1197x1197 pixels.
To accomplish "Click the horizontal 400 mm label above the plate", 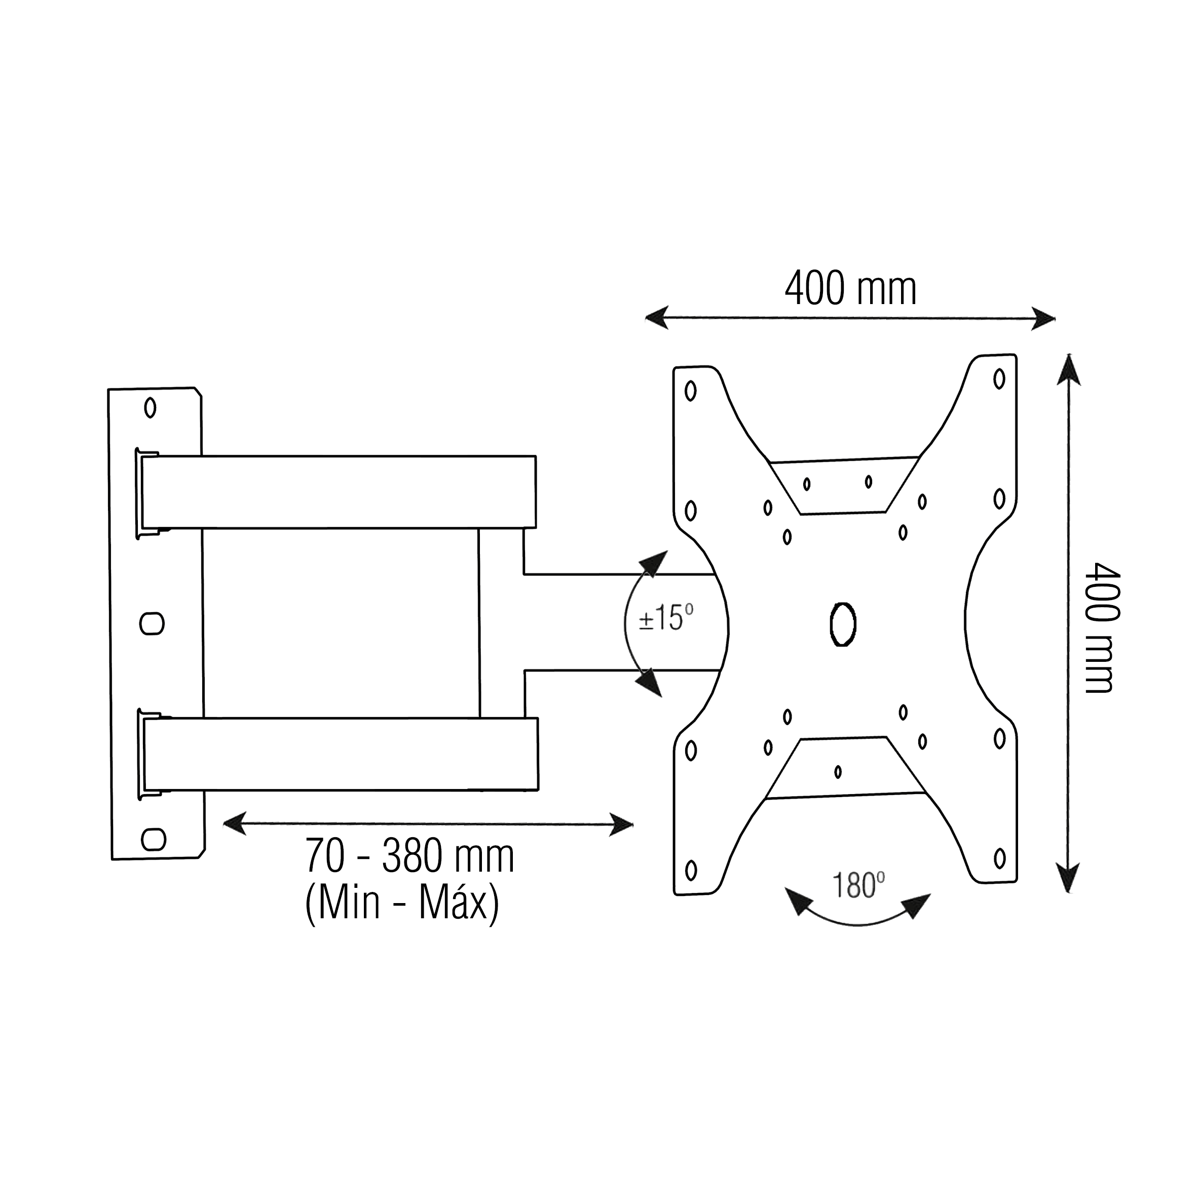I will click(850, 289).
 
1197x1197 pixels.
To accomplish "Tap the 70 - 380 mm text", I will click(409, 857).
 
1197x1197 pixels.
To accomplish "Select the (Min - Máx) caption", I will click(402, 904).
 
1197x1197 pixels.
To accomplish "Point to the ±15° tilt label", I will click(665, 618).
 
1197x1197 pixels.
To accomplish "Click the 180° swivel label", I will click(857, 885).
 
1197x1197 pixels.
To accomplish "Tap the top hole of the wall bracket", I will click(150, 407).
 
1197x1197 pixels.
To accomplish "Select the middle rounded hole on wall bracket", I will click(152, 623).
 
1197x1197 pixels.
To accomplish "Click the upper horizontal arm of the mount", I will click(338, 492).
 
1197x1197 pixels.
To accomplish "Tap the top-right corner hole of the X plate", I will click(999, 379).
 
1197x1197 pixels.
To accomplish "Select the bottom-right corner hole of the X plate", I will click(999, 858).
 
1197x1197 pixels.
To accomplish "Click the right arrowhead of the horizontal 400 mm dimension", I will click(1044, 320).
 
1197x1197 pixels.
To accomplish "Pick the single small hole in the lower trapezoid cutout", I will click(838, 771).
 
